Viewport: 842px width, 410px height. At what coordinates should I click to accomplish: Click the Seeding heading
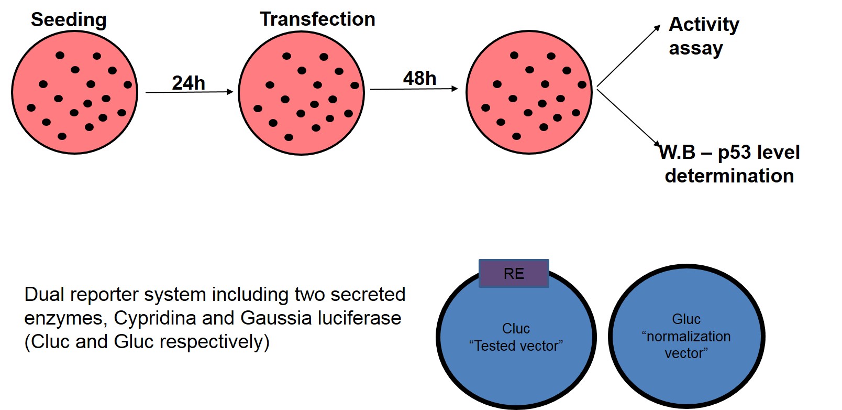pos(69,20)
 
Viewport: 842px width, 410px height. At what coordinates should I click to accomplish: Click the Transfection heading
pos(317,19)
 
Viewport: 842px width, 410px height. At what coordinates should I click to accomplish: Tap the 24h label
pos(189,83)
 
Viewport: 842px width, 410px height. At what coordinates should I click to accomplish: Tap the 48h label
pos(419,79)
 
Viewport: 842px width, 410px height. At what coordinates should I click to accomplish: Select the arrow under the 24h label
pos(189,92)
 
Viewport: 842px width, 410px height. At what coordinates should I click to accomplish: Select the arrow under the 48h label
pos(414,89)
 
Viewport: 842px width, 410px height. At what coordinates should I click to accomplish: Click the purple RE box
pos(514,274)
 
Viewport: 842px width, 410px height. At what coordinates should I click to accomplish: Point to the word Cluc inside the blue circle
pos(516,329)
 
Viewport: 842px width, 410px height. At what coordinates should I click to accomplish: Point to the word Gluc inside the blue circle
pos(686,319)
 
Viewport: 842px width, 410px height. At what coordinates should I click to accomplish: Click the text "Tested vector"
pos(516,346)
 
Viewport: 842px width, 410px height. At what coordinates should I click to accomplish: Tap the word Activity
pos(704,24)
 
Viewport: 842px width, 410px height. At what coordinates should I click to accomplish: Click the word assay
pos(695,48)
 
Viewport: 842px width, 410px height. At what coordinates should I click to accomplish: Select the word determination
pos(729,176)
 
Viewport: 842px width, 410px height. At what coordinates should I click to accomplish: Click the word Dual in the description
pos(45,295)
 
